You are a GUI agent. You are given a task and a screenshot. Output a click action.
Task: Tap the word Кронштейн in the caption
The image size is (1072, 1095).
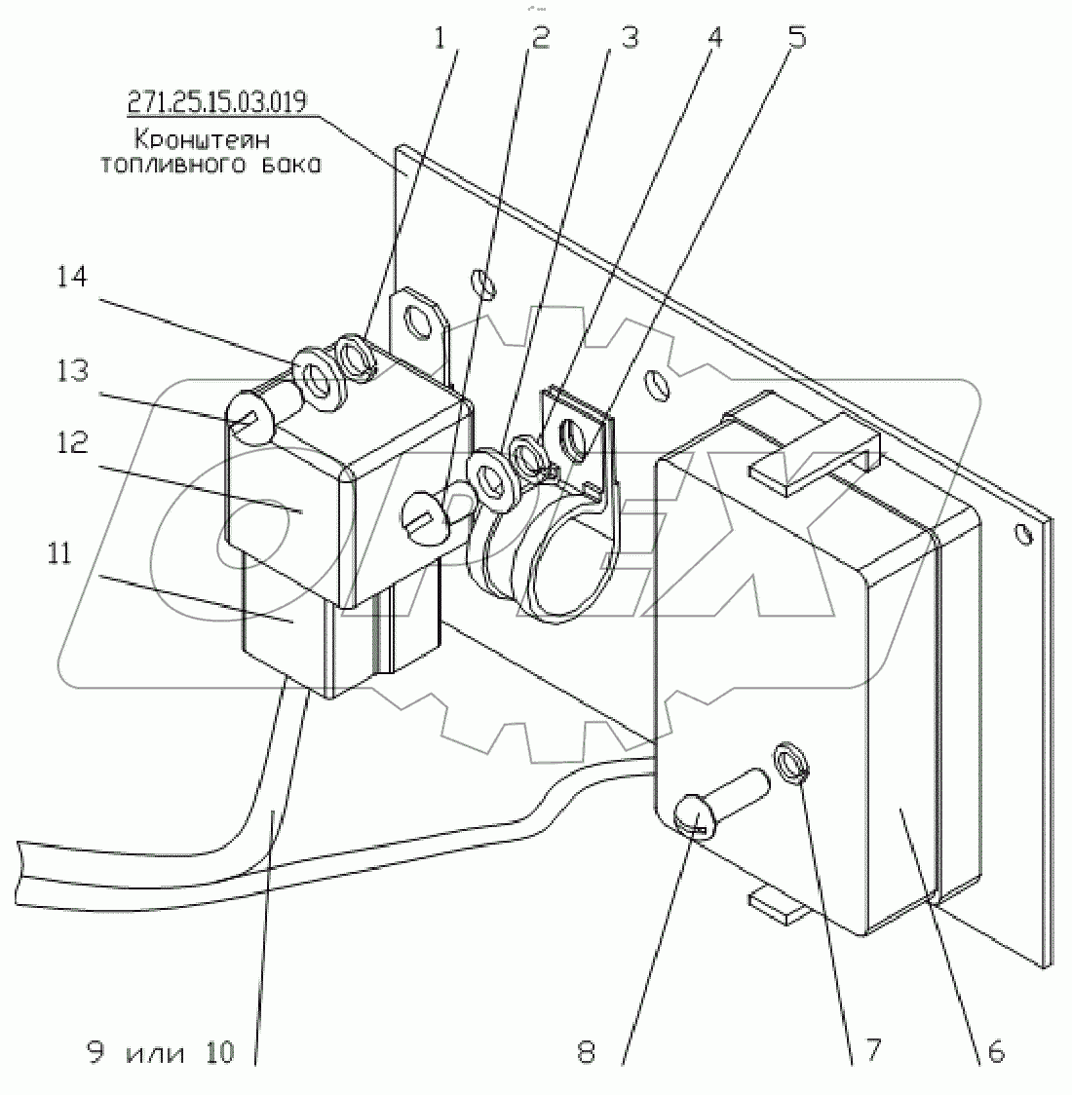click(211, 139)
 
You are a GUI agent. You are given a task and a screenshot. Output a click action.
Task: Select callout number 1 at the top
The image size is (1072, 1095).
click(440, 39)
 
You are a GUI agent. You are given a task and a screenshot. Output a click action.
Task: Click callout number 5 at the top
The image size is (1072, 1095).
click(797, 39)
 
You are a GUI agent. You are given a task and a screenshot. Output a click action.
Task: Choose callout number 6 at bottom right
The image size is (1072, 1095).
click(994, 1051)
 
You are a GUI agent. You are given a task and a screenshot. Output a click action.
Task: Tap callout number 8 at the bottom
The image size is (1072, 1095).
click(587, 1052)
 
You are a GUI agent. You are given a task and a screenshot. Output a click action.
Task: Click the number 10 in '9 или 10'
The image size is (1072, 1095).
click(220, 1052)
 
